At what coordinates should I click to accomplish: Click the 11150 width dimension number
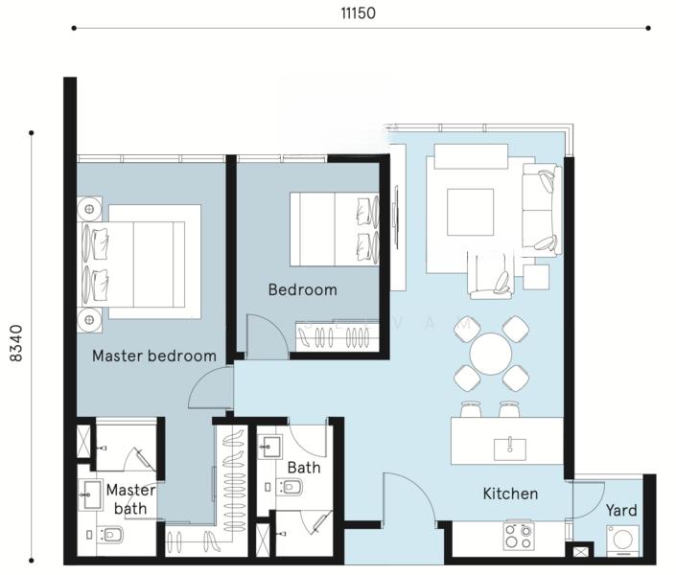(358, 13)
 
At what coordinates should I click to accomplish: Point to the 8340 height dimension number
(16, 343)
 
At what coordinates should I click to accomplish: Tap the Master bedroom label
(154, 356)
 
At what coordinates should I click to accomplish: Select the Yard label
(621, 511)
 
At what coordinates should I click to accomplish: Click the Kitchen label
(510, 494)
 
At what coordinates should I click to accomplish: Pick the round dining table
(491, 354)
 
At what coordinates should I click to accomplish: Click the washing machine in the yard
(622, 540)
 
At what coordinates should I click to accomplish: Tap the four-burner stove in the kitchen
(519, 536)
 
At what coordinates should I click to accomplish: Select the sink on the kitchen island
(509, 449)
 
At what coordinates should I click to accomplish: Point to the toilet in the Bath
(290, 488)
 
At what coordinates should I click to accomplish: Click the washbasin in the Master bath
(90, 494)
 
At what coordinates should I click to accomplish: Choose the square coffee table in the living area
(470, 212)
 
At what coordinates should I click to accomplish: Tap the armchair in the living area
(491, 276)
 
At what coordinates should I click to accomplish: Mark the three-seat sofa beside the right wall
(542, 210)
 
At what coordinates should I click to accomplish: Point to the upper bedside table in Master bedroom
(90, 209)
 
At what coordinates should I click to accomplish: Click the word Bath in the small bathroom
(304, 468)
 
